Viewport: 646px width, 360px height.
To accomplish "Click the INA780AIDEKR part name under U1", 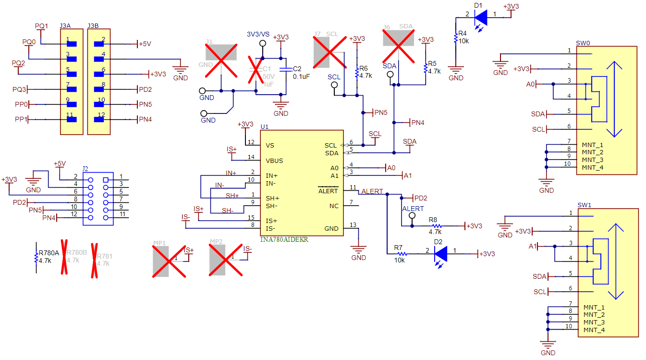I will click(284, 239).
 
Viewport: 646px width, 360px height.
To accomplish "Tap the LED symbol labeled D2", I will click(440, 254).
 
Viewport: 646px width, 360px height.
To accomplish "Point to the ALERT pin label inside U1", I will click(328, 191).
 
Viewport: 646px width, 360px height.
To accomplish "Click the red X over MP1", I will click(169, 261).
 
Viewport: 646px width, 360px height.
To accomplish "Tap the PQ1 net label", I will click(41, 26).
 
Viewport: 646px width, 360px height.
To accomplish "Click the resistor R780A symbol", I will click(36, 258).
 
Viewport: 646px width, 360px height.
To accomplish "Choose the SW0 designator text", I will click(583, 43).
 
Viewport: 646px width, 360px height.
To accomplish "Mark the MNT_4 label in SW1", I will click(594, 330).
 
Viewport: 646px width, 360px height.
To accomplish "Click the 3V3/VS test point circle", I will click(262, 44).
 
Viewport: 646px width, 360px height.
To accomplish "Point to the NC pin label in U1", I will click(334, 206).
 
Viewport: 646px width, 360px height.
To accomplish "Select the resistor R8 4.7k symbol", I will click(434, 225).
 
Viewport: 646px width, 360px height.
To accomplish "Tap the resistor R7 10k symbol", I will click(400, 254).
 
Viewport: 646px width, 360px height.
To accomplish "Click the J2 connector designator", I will click(85, 169).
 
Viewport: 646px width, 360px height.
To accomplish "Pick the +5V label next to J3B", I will click(145, 44).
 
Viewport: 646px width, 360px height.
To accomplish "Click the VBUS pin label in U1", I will click(274, 161).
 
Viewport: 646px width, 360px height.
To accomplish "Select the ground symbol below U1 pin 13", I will click(358, 249).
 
